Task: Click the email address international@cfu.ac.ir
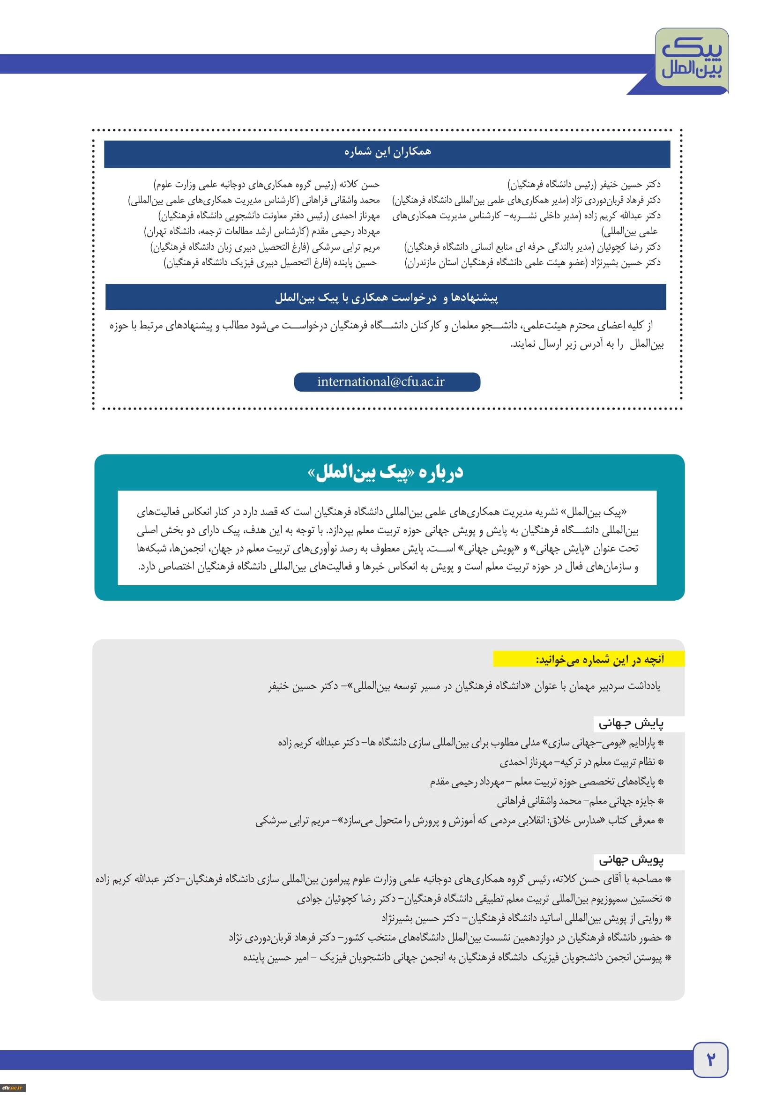pyautogui.click(x=381, y=382)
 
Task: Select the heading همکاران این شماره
pyautogui.click(x=387, y=152)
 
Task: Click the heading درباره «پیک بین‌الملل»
pyautogui.click(x=386, y=472)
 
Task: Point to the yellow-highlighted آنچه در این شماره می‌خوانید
pyautogui.click(x=599, y=659)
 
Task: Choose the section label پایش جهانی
pyautogui.click(x=631, y=723)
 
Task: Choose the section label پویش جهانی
pyautogui.click(x=631, y=860)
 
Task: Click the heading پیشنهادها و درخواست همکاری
pyautogui.click(x=386, y=298)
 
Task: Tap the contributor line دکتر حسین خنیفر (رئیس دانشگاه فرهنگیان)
pyautogui.click(x=584, y=184)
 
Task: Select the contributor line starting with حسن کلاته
pyautogui.click(x=266, y=184)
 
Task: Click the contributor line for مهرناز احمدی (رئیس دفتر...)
pyautogui.click(x=269, y=216)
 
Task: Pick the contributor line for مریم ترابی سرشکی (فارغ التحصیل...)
pyautogui.click(x=265, y=247)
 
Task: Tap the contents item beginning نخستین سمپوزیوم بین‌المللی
pyautogui.click(x=480, y=899)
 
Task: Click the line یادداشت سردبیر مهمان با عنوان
pyautogui.click(x=464, y=686)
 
